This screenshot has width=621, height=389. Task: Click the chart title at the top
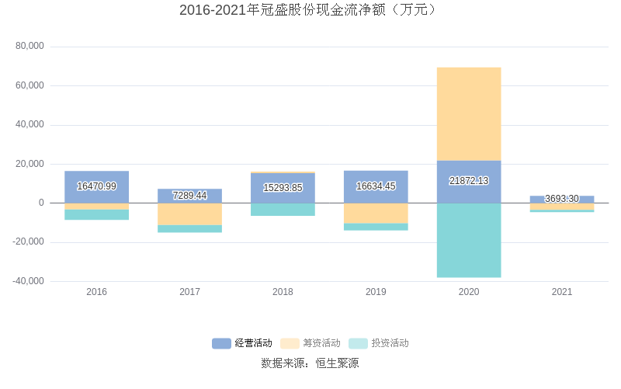(310, 10)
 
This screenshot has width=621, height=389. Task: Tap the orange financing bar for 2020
(468, 114)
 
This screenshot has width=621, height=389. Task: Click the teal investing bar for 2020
(468, 240)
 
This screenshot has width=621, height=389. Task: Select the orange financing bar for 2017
(189, 214)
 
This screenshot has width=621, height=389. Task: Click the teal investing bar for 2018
(283, 210)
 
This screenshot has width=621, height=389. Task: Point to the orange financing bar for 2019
(376, 214)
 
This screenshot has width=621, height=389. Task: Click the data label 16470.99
(96, 186)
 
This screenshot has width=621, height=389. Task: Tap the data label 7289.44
(189, 196)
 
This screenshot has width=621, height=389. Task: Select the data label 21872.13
(468, 181)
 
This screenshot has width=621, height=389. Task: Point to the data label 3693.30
(561, 199)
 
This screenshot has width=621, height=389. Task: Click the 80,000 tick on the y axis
(29, 47)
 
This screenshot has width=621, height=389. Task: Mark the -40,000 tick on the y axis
(28, 281)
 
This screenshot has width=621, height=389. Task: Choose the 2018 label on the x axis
(283, 292)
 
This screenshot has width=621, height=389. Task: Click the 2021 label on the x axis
(561, 292)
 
